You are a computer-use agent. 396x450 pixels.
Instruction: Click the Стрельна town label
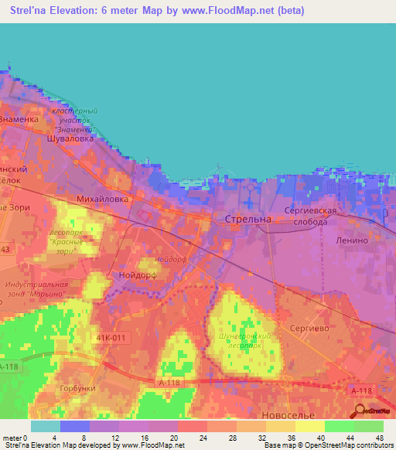coord(247,220)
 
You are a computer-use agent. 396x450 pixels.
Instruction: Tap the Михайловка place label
coord(102,199)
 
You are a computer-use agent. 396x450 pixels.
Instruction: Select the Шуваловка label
coord(70,139)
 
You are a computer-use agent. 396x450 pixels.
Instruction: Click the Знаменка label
coord(19,120)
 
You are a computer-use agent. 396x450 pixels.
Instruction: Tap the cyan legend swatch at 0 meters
coord(46,426)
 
